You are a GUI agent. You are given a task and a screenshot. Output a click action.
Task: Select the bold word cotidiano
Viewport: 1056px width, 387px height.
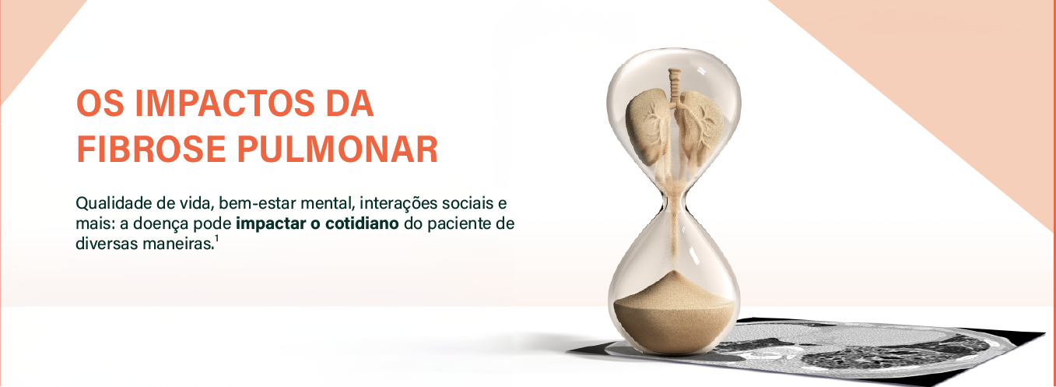coord(362,224)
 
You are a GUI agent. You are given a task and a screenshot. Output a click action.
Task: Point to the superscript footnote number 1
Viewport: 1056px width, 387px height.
coord(216,239)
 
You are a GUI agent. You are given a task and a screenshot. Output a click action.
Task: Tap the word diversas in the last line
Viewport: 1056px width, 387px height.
coord(104,244)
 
